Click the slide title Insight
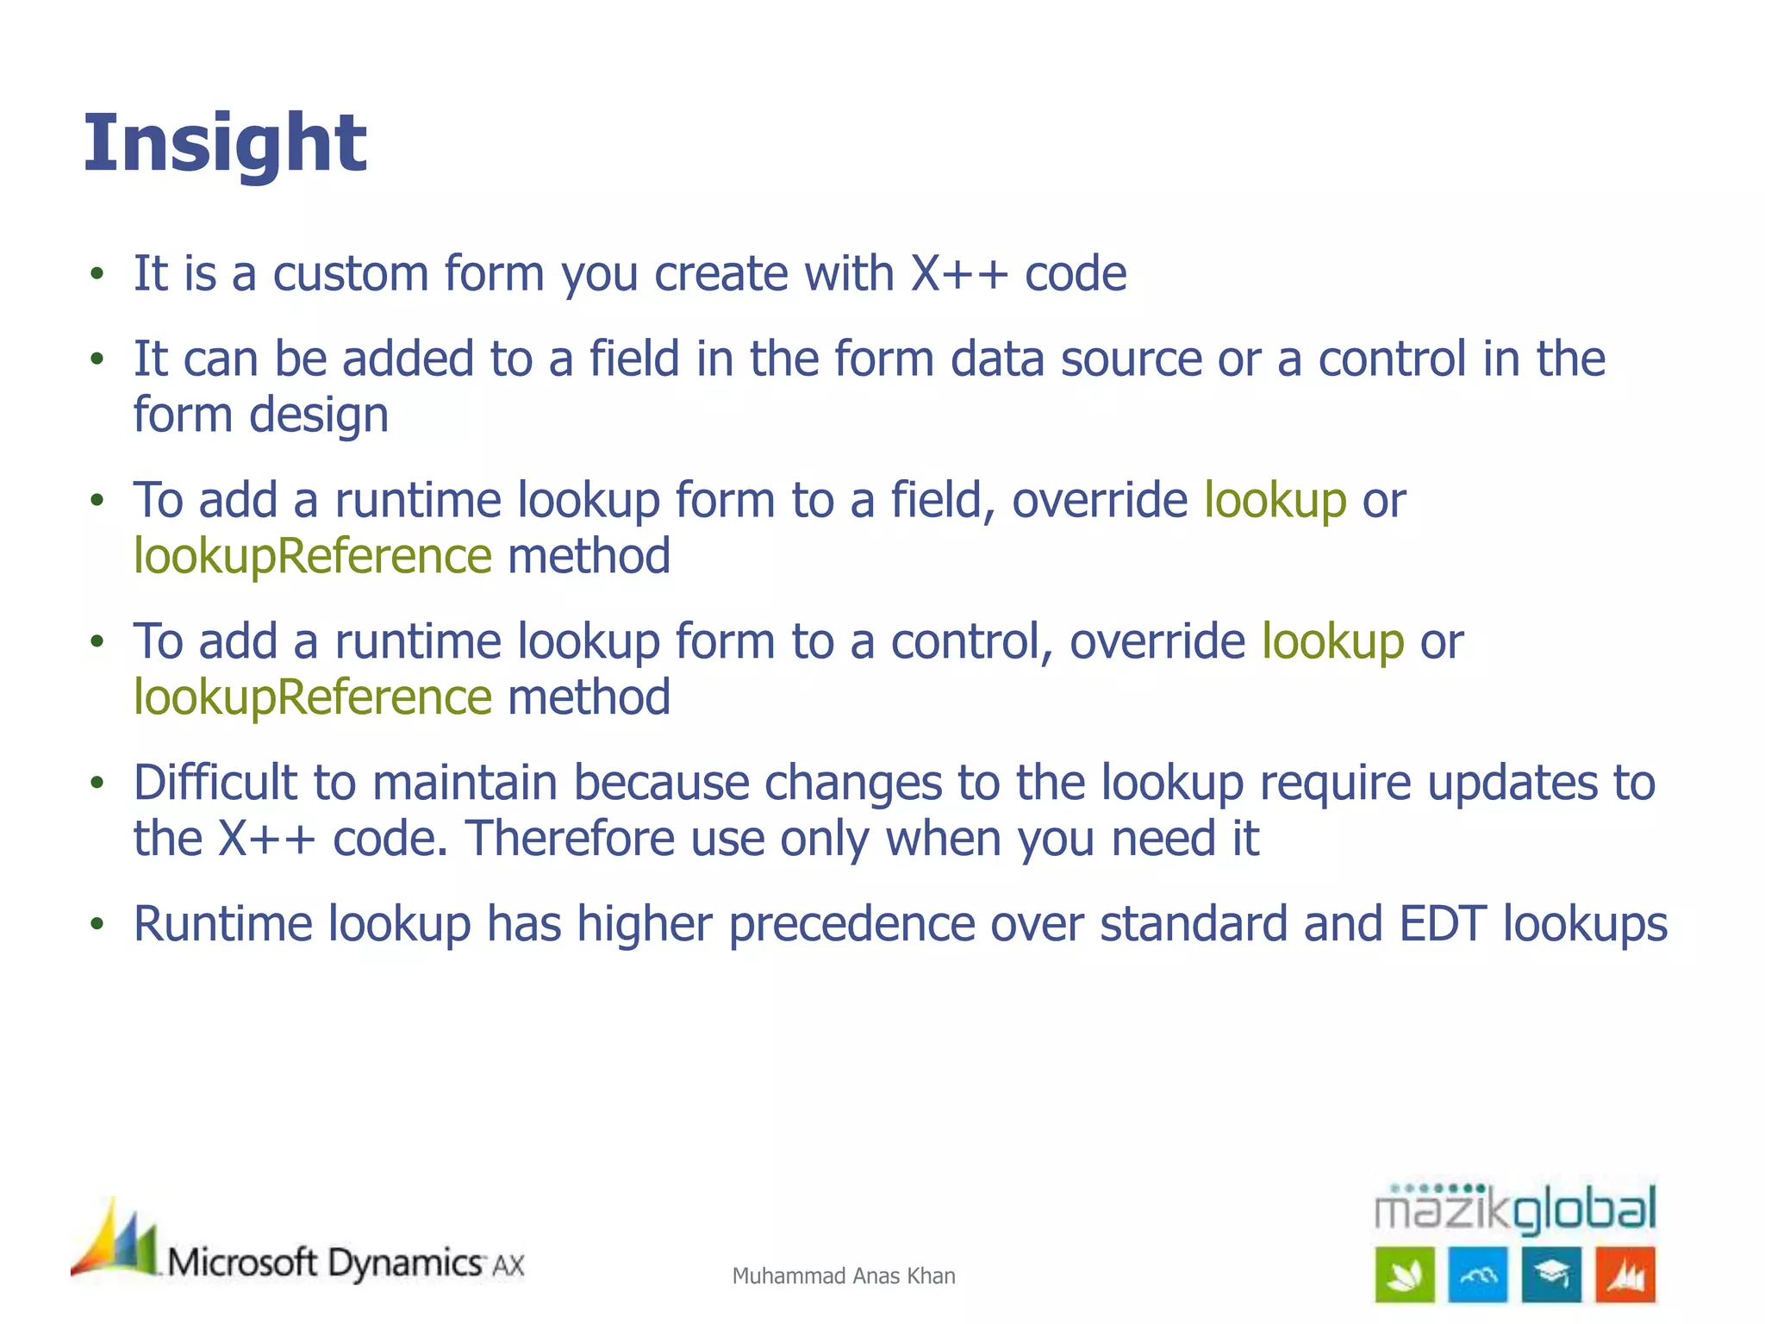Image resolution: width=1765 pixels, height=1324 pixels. click(225, 144)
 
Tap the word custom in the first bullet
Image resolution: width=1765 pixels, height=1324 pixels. click(349, 274)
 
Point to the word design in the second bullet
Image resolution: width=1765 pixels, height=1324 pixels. click(319, 415)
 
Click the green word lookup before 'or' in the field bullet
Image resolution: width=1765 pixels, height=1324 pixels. click(1275, 501)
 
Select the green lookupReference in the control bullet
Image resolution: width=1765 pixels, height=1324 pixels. click(313, 697)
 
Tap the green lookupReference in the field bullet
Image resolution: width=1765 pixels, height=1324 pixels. click(313, 556)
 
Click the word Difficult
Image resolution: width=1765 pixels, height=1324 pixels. click(215, 783)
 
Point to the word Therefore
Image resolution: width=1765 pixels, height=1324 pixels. click(570, 839)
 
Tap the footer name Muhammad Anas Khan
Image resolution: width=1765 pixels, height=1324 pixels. click(843, 1276)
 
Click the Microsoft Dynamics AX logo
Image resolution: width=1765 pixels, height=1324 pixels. click(297, 1246)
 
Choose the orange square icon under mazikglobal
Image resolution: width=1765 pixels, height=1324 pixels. click(1625, 1275)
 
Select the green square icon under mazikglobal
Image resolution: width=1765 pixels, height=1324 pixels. click(1404, 1275)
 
